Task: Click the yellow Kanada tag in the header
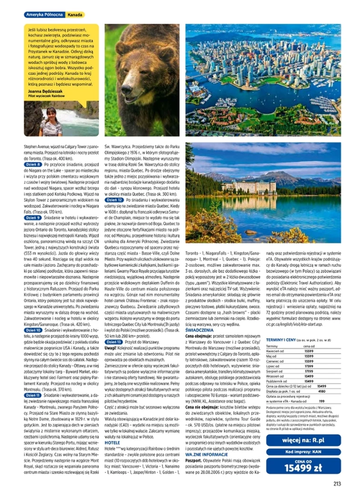tap(75, 15)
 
